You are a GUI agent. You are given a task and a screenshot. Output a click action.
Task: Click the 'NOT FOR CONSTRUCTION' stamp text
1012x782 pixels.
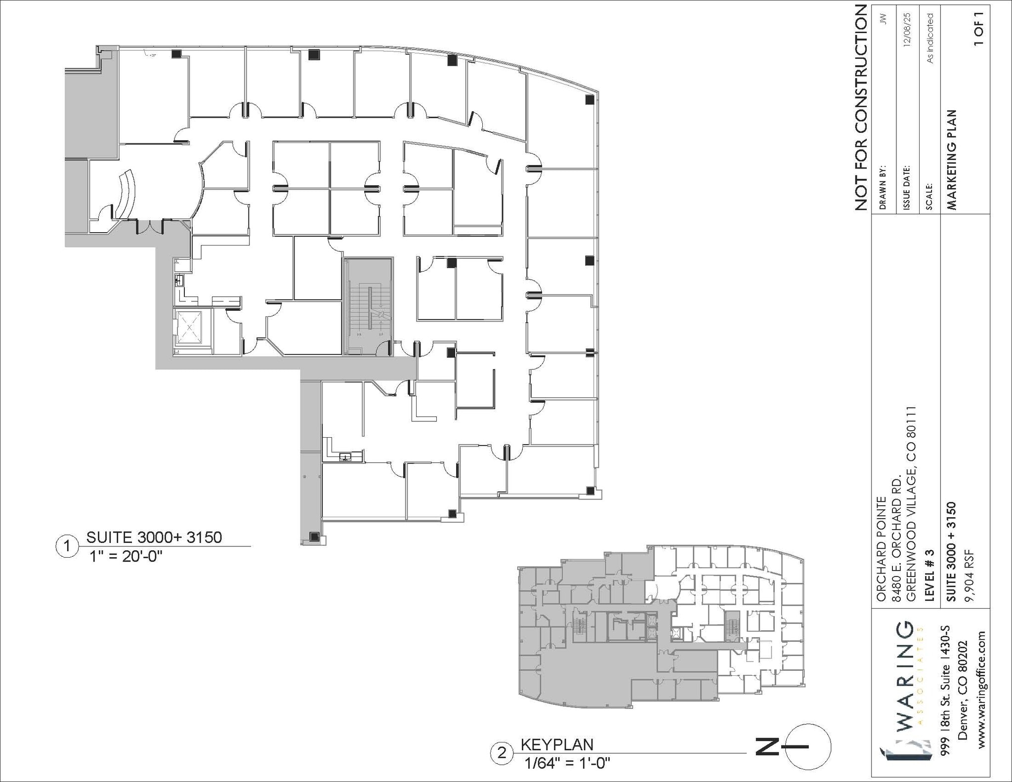[861, 107]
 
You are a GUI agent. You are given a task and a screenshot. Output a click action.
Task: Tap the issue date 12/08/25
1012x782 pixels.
[906, 30]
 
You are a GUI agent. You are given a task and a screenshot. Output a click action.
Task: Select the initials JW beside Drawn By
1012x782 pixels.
[884, 19]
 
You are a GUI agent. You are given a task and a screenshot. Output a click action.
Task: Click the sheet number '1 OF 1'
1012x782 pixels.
[979, 28]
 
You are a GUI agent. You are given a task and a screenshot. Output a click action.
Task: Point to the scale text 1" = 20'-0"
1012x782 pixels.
[126, 557]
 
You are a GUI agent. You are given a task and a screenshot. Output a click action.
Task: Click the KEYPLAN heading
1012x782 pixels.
[557, 744]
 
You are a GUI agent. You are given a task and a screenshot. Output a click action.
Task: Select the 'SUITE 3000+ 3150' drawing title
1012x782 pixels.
[154, 537]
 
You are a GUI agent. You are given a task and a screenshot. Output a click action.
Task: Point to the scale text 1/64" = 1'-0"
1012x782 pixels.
[567, 763]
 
